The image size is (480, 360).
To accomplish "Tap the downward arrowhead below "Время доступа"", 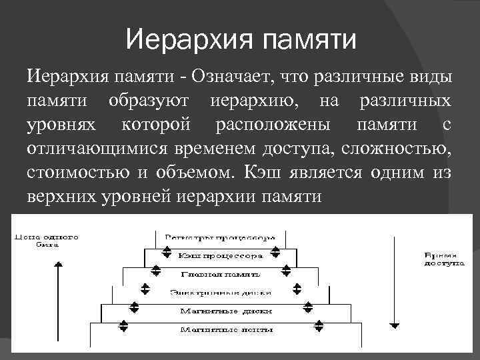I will pos(395,325).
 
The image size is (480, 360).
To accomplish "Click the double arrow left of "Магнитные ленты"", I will pos(123,326).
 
